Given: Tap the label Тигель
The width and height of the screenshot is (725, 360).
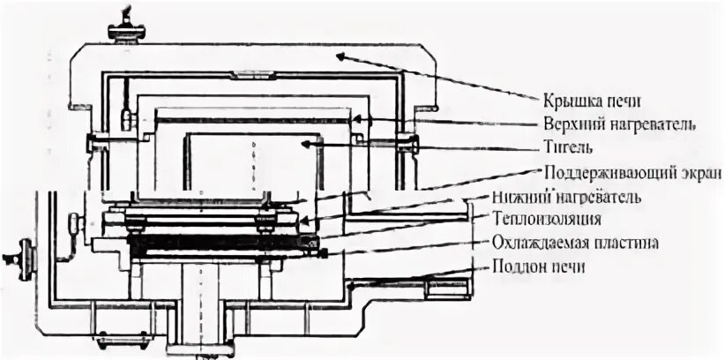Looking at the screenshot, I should pos(564,145).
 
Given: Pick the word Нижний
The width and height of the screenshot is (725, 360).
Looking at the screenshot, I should pos(565,195).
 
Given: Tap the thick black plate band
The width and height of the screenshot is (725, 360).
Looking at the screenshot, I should pos(220,241).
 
